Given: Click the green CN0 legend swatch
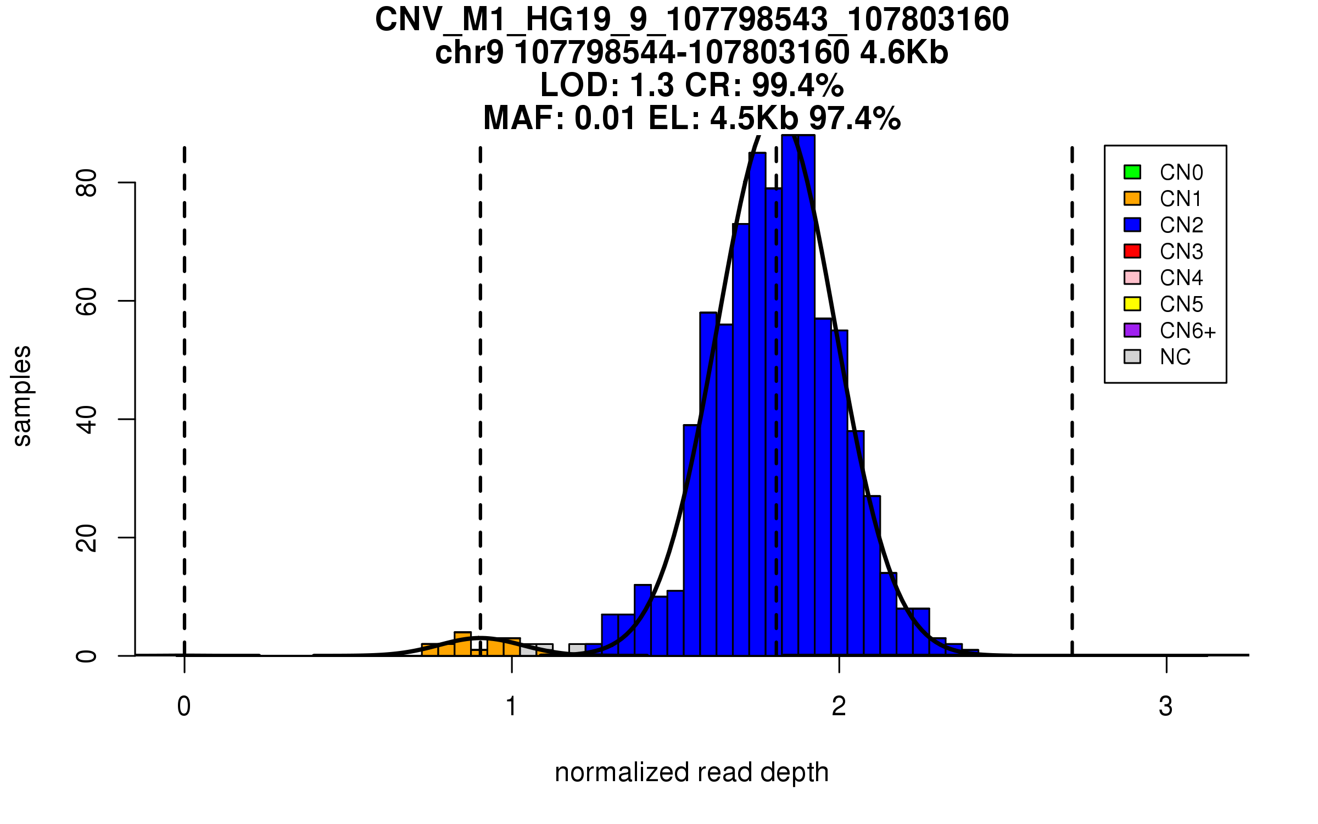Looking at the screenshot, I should (1132, 172).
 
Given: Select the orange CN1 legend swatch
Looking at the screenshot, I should (1132, 198).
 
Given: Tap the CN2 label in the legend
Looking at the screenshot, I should (1181, 225).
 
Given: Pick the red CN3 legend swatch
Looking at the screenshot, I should (1132, 251).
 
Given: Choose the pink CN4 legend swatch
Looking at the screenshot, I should (1132, 277).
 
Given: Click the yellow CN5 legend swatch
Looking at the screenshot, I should (1132, 304).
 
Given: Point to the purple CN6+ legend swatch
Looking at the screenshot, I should (1132, 330).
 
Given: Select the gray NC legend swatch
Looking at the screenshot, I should (1132, 357).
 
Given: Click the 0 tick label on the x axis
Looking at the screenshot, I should (184, 706).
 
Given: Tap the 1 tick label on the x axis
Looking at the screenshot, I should (511, 706).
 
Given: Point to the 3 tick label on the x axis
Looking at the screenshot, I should (1166, 706).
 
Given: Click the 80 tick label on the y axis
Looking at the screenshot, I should (87, 183).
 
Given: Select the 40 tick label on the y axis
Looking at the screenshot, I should (87, 420).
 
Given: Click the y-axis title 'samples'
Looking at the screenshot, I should (22, 396).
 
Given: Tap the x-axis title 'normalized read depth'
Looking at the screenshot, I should (691, 772).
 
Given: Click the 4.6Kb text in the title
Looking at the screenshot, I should (904, 53).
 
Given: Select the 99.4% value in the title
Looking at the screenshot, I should (797, 86).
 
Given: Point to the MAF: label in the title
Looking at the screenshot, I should (524, 118).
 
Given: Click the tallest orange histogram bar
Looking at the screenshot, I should (462, 644).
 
